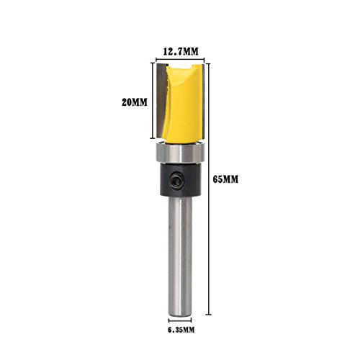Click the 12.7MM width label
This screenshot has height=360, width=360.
click(x=181, y=51)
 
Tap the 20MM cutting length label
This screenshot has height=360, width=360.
click(x=135, y=102)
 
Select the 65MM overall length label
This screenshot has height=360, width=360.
click(x=225, y=179)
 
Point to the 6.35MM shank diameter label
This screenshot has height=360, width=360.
click(x=181, y=330)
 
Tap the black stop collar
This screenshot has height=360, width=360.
click(x=180, y=180)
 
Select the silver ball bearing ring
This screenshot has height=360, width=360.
click(x=180, y=153)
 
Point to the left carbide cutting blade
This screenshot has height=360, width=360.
click(x=161, y=101)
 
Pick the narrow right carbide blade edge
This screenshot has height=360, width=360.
click(x=203, y=101)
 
